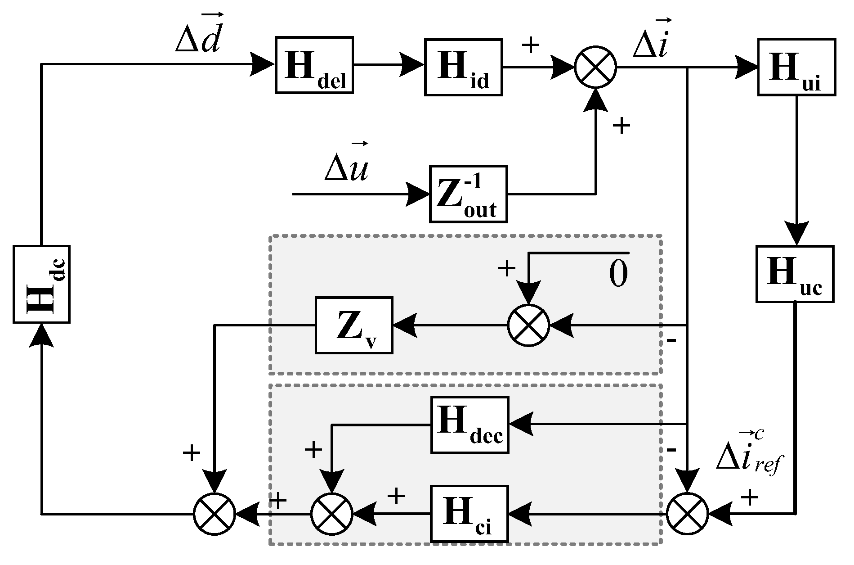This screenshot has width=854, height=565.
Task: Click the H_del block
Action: point(314,65)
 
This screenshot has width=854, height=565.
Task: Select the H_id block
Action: point(463,68)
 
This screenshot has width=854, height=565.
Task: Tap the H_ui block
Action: point(796,67)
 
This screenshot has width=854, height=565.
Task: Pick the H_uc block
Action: point(795,274)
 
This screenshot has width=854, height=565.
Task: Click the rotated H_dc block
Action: point(41,284)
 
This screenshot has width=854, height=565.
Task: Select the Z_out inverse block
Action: point(468,194)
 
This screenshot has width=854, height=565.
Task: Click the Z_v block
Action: point(354,325)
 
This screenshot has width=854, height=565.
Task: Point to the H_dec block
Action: point(469,425)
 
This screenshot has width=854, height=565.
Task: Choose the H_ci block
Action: point(469,514)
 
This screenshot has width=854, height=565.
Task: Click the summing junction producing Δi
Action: point(595,68)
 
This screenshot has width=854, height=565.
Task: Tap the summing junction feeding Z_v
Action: point(529,325)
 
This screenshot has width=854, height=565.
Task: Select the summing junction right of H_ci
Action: point(687,514)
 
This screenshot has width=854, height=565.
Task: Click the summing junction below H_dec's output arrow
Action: point(332,514)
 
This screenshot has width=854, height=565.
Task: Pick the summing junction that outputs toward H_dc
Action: point(215,514)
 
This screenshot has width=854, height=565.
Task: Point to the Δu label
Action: point(346,167)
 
